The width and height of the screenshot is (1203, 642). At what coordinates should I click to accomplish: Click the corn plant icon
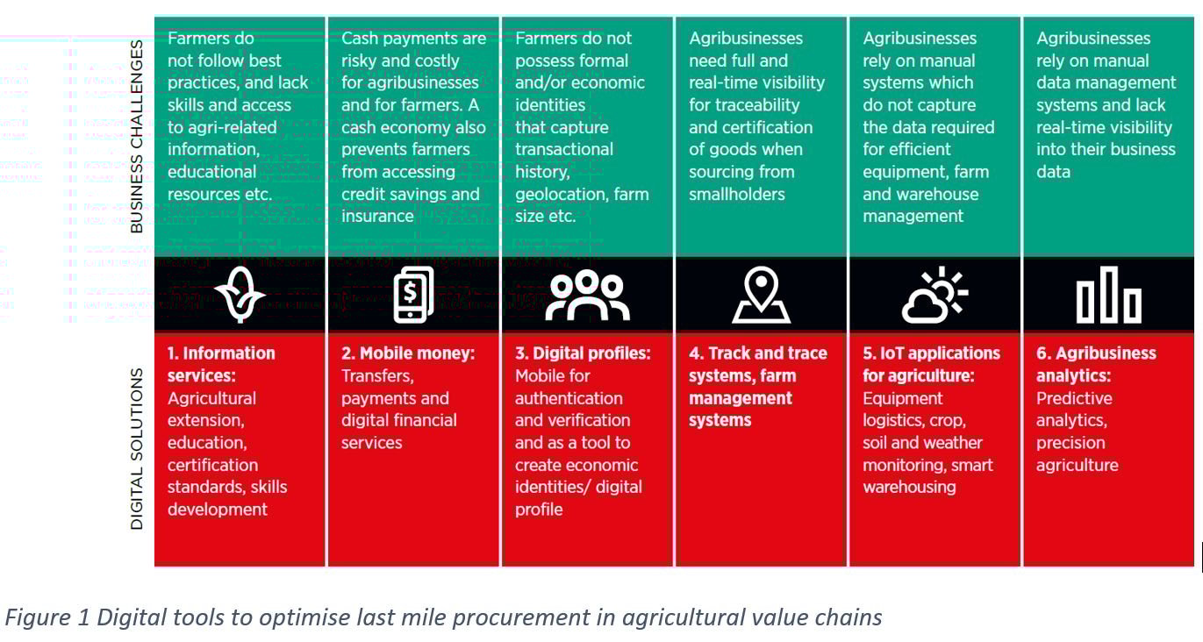click(x=239, y=295)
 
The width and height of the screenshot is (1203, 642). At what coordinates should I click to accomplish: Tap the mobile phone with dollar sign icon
click(x=412, y=295)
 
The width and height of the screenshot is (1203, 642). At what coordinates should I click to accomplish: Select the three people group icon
click(x=587, y=295)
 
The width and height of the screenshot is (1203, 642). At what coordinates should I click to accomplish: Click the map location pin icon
click(x=761, y=295)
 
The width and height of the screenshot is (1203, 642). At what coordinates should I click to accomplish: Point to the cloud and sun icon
click(x=934, y=295)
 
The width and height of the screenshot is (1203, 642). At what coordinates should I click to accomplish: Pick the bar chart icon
click(x=1108, y=295)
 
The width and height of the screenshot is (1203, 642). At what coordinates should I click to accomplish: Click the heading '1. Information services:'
click(x=221, y=364)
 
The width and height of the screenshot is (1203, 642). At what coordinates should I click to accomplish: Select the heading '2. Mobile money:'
click(x=408, y=353)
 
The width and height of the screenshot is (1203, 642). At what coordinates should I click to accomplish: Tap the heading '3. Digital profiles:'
click(x=583, y=353)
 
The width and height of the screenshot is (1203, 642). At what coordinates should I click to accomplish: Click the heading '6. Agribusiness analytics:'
click(x=1096, y=364)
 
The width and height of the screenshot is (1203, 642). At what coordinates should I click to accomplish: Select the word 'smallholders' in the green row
click(x=736, y=194)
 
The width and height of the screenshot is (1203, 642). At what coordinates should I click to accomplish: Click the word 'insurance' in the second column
click(x=377, y=216)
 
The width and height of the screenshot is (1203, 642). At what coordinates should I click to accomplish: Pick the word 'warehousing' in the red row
click(x=909, y=487)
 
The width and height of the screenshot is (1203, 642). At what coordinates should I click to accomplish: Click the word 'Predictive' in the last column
click(x=1074, y=398)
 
